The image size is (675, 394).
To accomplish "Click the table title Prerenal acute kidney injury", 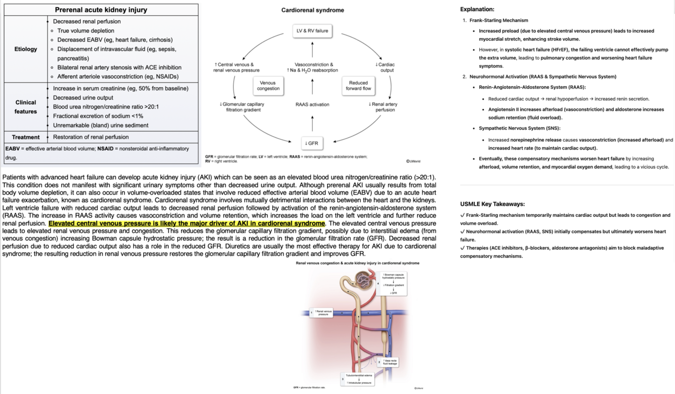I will tap(101, 10).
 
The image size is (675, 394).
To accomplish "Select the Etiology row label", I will tap(26, 49).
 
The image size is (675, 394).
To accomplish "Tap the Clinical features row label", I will tap(26, 107).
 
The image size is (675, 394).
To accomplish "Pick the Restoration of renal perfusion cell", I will tap(91, 137).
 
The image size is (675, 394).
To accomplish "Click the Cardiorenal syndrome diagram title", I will tap(312, 10).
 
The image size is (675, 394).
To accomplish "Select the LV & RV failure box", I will tap(312, 31).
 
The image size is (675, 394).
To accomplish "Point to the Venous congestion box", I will tap(268, 85).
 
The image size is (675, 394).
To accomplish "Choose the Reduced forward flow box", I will tap(358, 85).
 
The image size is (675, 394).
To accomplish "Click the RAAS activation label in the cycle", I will tap(312, 105).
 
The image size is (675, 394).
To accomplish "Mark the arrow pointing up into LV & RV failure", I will tap(312, 49).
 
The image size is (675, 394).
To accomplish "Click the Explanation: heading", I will tap(477, 9).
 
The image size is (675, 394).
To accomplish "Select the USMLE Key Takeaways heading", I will tap(492, 204).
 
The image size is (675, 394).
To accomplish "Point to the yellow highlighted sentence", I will tap(187, 223).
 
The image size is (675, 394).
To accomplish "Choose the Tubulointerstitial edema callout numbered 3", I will tap(359, 379).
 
